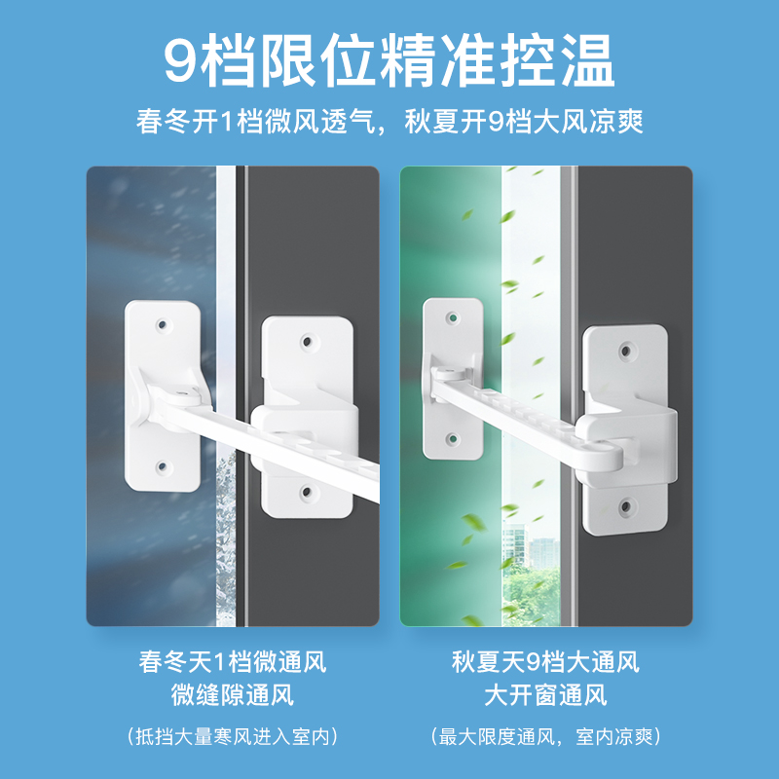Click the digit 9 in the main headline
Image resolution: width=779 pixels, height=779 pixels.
click(182, 61)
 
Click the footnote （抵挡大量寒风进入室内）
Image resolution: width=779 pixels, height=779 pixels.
click(232, 737)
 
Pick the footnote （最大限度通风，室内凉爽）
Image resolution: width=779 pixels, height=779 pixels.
click(545, 737)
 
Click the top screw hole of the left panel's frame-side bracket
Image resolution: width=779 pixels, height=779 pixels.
click(308, 342)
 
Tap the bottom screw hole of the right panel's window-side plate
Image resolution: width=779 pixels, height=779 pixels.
click(451, 440)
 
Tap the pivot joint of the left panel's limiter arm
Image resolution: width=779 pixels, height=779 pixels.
click(179, 393)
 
